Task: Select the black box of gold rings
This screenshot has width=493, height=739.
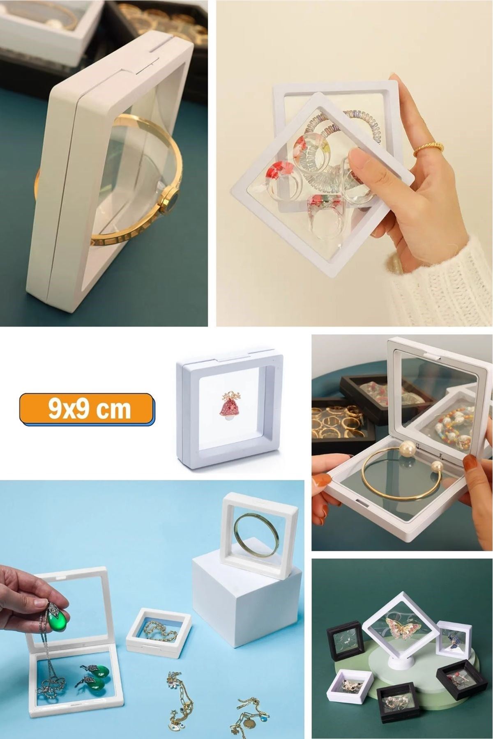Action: (341, 427)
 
